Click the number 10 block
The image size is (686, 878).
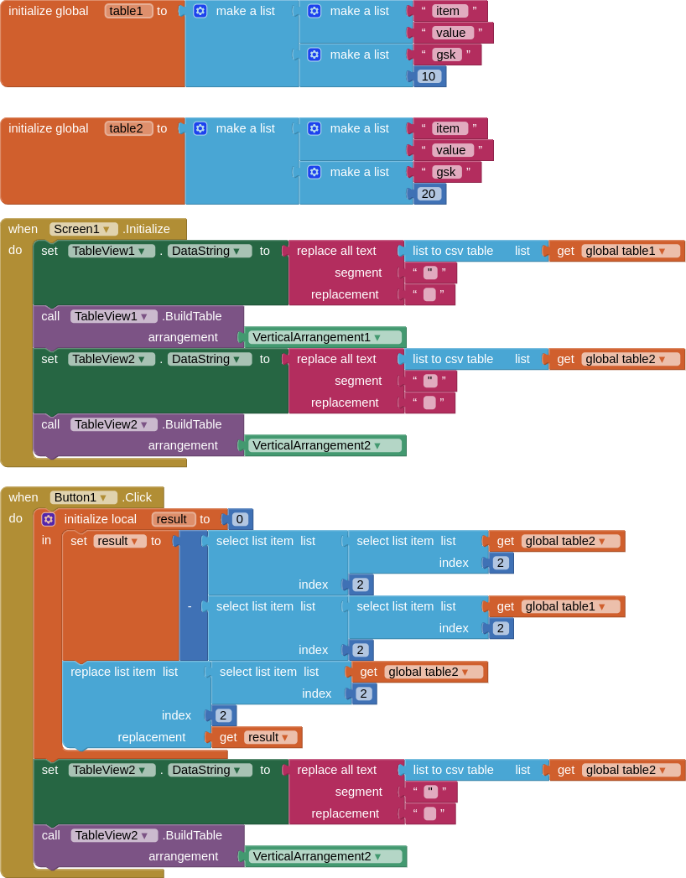click(429, 76)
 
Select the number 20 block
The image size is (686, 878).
click(429, 194)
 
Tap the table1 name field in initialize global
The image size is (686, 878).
click(128, 11)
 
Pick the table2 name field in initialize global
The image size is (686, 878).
click(128, 129)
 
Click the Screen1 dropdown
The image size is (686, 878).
click(83, 229)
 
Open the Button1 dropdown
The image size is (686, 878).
click(83, 497)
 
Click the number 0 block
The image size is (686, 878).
click(240, 519)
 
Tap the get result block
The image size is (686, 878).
click(257, 737)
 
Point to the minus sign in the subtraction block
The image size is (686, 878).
click(190, 606)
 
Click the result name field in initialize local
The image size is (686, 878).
click(173, 519)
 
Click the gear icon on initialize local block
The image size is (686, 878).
click(49, 519)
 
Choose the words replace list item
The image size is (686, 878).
click(113, 672)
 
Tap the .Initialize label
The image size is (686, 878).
click(146, 229)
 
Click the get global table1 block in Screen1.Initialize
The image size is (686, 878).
click(617, 251)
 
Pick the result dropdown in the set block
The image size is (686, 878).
click(120, 542)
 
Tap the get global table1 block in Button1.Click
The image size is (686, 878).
click(557, 606)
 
